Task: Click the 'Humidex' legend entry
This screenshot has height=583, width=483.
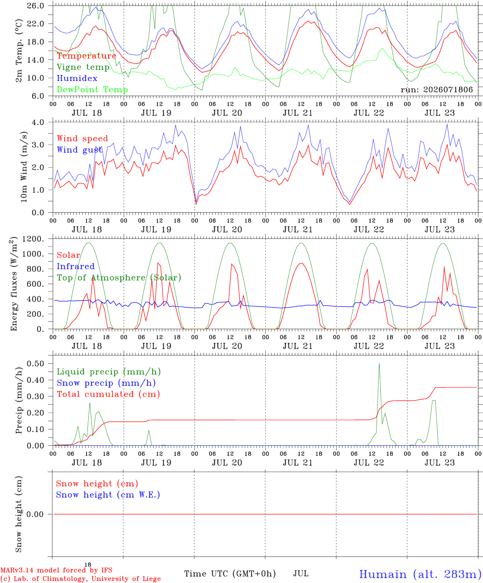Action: click(x=77, y=78)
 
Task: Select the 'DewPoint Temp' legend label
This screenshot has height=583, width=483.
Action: click(x=92, y=89)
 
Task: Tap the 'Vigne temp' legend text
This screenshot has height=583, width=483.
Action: click(x=83, y=67)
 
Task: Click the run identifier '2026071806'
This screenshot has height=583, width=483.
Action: click(x=448, y=89)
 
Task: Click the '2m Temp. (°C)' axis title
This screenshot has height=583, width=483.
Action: click(x=19, y=51)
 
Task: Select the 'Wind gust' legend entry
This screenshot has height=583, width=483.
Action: click(x=80, y=150)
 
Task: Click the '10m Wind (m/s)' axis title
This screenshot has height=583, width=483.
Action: click(x=24, y=167)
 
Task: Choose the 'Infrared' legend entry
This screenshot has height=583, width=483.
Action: click(x=76, y=266)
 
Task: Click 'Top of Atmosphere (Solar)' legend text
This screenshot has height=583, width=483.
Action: click(x=119, y=278)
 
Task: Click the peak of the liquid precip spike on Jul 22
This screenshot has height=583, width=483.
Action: click(x=379, y=363)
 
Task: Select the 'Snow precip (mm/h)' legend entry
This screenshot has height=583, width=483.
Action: click(x=106, y=383)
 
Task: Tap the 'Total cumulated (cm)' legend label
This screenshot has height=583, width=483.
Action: click(x=108, y=394)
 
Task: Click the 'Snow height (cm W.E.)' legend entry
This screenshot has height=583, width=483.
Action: click(x=108, y=495)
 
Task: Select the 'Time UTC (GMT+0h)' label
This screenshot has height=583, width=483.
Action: click(x=230, y=574)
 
